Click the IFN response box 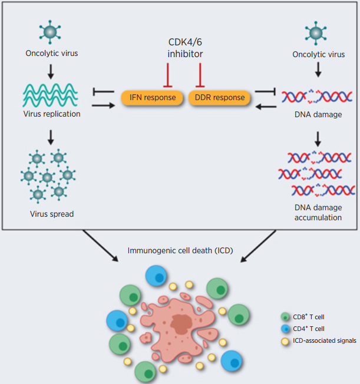(152, 98)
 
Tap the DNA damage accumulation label (318, 213)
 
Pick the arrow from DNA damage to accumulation (318, 138)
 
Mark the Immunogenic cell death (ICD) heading (180, 250)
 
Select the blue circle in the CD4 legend (285, 329)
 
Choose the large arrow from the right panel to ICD (260, 244)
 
